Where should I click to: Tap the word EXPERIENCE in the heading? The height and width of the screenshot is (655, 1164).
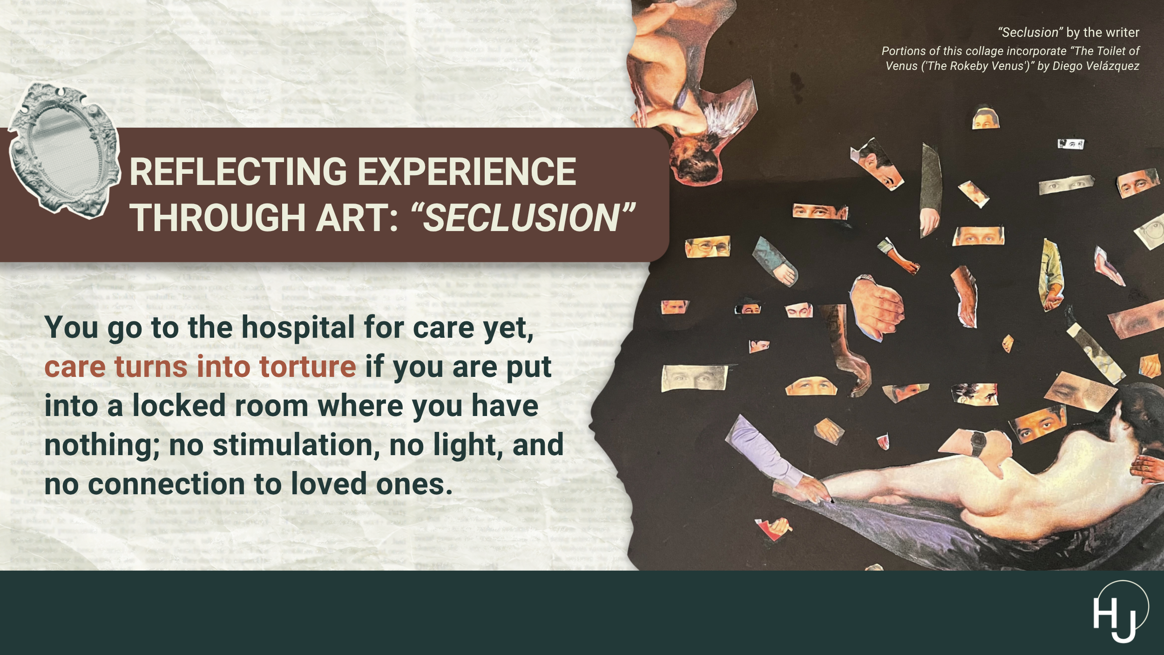[x=467, y=171]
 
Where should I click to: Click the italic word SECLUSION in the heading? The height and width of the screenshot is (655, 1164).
[x=521, y=218]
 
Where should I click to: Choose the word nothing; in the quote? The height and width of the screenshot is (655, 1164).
[x=102, y=445]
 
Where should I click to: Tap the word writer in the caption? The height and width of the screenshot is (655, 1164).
[x=1123, y=33]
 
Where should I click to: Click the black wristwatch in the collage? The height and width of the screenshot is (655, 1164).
[x=978, y=443]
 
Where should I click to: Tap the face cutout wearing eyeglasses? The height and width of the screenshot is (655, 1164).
[x=707, y=246]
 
